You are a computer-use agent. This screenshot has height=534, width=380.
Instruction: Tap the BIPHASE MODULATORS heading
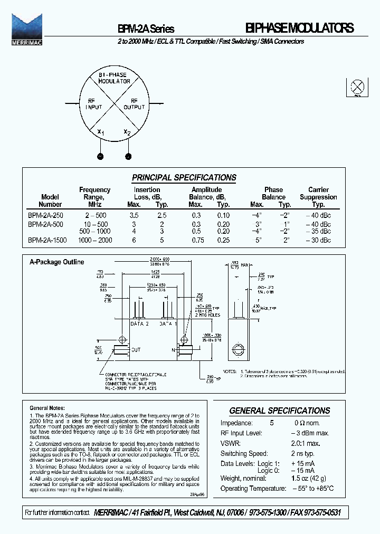click(299, 28)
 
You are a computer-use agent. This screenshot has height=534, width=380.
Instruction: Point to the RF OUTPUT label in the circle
click(134, 103)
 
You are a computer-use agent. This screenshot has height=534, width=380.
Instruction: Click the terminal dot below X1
click(100, 156)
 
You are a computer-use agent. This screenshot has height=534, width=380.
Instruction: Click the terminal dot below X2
click(128, 156)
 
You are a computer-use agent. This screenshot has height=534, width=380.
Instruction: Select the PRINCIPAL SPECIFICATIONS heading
click(184, 178)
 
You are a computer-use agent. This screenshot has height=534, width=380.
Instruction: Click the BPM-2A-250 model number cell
click(45, 216)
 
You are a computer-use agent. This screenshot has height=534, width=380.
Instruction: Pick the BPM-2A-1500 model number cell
click(46, 240)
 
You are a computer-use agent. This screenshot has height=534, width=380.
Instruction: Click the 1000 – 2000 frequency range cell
click(95, 240)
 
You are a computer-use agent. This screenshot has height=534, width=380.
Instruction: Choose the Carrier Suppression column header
click(318, 197)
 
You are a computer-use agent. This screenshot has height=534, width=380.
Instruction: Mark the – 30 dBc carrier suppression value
click(318, 240)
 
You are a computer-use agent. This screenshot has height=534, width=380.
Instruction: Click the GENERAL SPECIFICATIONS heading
click(280, 411)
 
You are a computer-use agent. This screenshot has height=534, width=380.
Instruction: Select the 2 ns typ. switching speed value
click(302, 454)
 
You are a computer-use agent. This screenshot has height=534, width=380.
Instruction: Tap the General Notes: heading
click(47, 408)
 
